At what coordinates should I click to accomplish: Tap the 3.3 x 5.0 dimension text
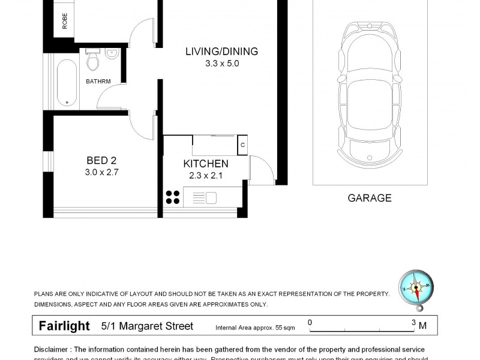pos(221,63)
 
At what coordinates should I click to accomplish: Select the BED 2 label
pos(101,160)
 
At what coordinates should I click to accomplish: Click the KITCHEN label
pos(205,164)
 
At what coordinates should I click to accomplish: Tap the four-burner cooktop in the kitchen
pos(173,197)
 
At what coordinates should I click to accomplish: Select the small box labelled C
pos(242,145)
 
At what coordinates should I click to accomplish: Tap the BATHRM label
pos(98,81)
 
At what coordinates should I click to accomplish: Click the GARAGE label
pos(369,198)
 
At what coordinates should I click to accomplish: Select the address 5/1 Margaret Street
pos(147,326)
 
